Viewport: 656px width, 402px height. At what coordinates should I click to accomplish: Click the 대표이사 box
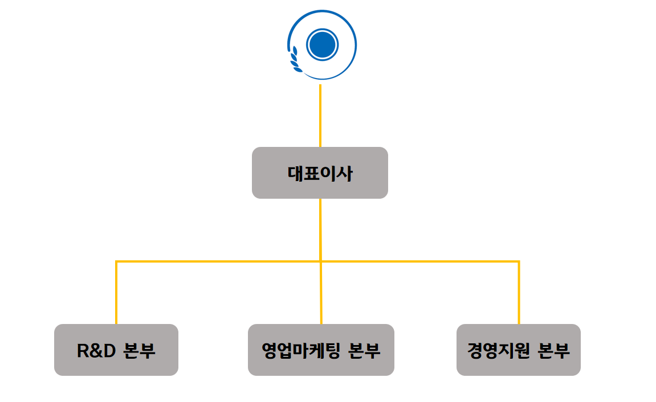pyautogui.click(x=320, y=173)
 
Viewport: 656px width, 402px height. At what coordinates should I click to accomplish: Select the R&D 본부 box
pyautogui.click(x=116, y=350)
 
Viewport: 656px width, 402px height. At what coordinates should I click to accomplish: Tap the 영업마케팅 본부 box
pyautogui.click(x=321, y=350)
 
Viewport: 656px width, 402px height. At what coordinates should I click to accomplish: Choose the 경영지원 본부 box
pyautogui.click(x=519, y=350)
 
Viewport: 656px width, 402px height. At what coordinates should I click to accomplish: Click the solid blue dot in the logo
pyautogui.click(x=323, y=44)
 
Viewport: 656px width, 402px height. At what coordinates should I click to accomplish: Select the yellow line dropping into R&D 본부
pyautogui.click(x=116, y=293)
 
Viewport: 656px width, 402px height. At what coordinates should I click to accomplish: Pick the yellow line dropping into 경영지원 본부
pyautogui.click(x=519, y=293)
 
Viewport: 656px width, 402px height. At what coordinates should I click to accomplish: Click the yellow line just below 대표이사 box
pyautogui.click(x=320, y=228)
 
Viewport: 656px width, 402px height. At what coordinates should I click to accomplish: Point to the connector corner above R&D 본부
pyautogui.click(x=116, y=262)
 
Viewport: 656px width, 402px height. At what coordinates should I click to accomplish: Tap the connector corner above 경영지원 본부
pyautogui.click(x=519, y=262)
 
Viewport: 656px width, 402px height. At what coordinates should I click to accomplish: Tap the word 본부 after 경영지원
pyautogui.click(x=553, y=350)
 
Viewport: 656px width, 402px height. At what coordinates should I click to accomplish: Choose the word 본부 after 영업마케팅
pyautogui.click(x=363, y=350)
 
